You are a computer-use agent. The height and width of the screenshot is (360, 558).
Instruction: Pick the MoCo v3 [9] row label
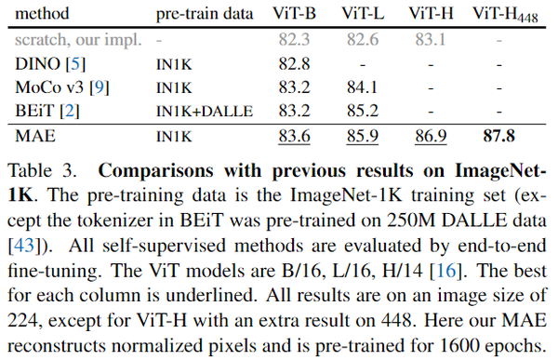tap(60, 87)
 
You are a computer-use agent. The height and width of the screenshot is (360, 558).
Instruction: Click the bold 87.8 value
tap(499, 135)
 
